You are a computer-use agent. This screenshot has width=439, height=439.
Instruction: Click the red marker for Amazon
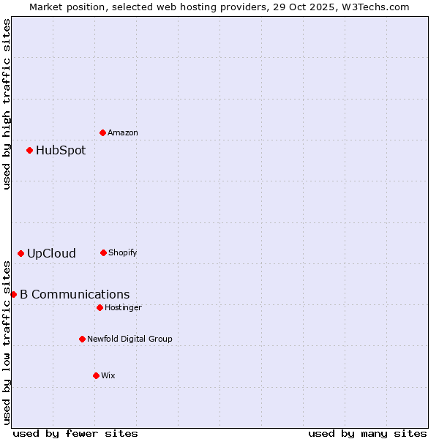[102, 132]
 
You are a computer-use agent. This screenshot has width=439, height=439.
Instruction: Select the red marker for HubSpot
[29, 150]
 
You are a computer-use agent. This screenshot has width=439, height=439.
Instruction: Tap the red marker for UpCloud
[20, 253]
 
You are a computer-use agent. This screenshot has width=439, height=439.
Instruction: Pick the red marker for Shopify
[103, 252]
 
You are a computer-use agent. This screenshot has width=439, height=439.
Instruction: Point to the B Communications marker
[13, 294]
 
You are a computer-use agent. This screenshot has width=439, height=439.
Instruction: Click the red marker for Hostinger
[100, 307]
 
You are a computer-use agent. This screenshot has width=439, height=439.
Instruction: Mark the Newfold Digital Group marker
[82, 339]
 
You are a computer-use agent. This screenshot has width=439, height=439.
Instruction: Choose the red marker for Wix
[96, 375]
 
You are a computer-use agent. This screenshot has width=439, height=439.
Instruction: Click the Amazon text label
[123, 132]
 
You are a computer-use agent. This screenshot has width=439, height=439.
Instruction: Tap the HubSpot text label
[61, 150]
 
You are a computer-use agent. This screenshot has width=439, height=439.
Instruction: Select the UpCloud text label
[51, 253]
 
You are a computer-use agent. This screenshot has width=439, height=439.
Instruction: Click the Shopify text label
[123, 252]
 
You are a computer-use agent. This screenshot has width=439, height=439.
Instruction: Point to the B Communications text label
[75, 294]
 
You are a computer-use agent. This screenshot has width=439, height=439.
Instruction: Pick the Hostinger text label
[123, 307]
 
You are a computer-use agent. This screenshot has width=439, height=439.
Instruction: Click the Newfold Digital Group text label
[130, 339]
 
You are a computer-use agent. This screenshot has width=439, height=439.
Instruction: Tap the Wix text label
[108, 375]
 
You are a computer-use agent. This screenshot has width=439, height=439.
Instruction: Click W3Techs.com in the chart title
[378, 7]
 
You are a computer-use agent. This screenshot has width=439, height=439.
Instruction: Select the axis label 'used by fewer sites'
[75, 433]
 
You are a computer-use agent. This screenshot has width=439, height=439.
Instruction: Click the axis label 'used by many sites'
[367, 433]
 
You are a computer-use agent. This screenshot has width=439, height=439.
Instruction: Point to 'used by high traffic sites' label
[7, 104]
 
